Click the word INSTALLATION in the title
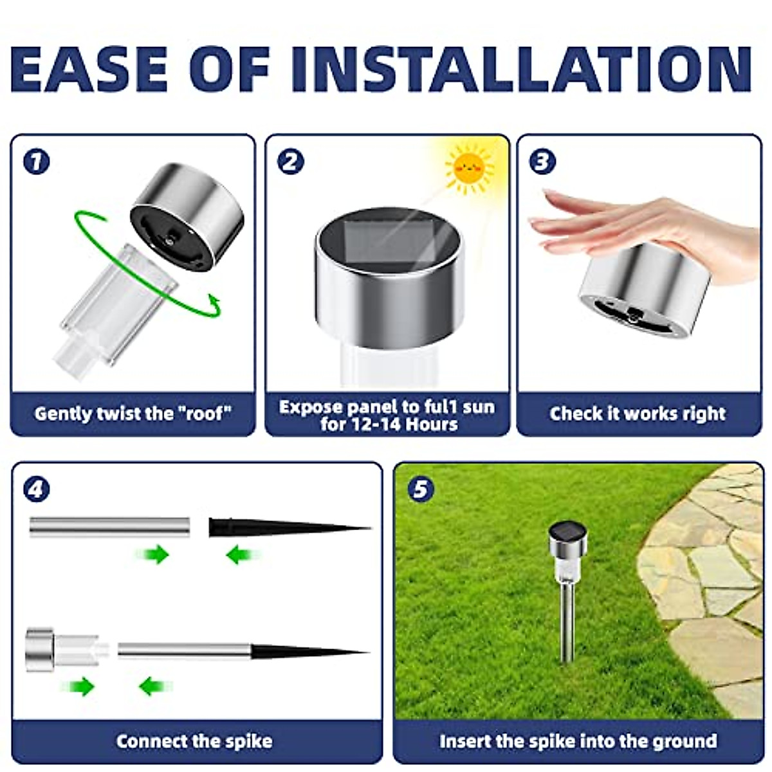pyautogui.click(x=521, y=69)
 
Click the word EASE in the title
pyautogui.click(x=90, y=69)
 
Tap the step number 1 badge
pyautogui.click(x=36, y=161)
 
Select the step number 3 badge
pyautogui.click(x=542, y=161)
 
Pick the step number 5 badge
pyautogui.click(x=420, y=490)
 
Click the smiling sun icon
pyautogui.click(x=470, y=169)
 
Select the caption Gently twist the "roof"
pyautogui.click(x=133, y=413)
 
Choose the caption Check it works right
pyautogui.click(x=638, y=413)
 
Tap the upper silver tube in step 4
pyautogui.click(x=109, y=526)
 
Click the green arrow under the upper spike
pyautogui.click(x=242, y=553)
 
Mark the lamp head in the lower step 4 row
pyautogui.click(x=40, y=650)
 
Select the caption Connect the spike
pyautogui.click(x=194, y=741)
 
